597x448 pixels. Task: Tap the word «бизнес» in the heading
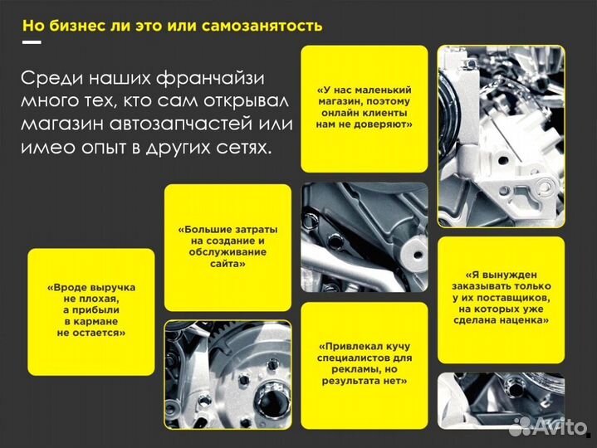pyautogui.click(x=81, y=24)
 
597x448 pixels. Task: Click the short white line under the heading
pyautogui.click(x=32, y=41)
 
